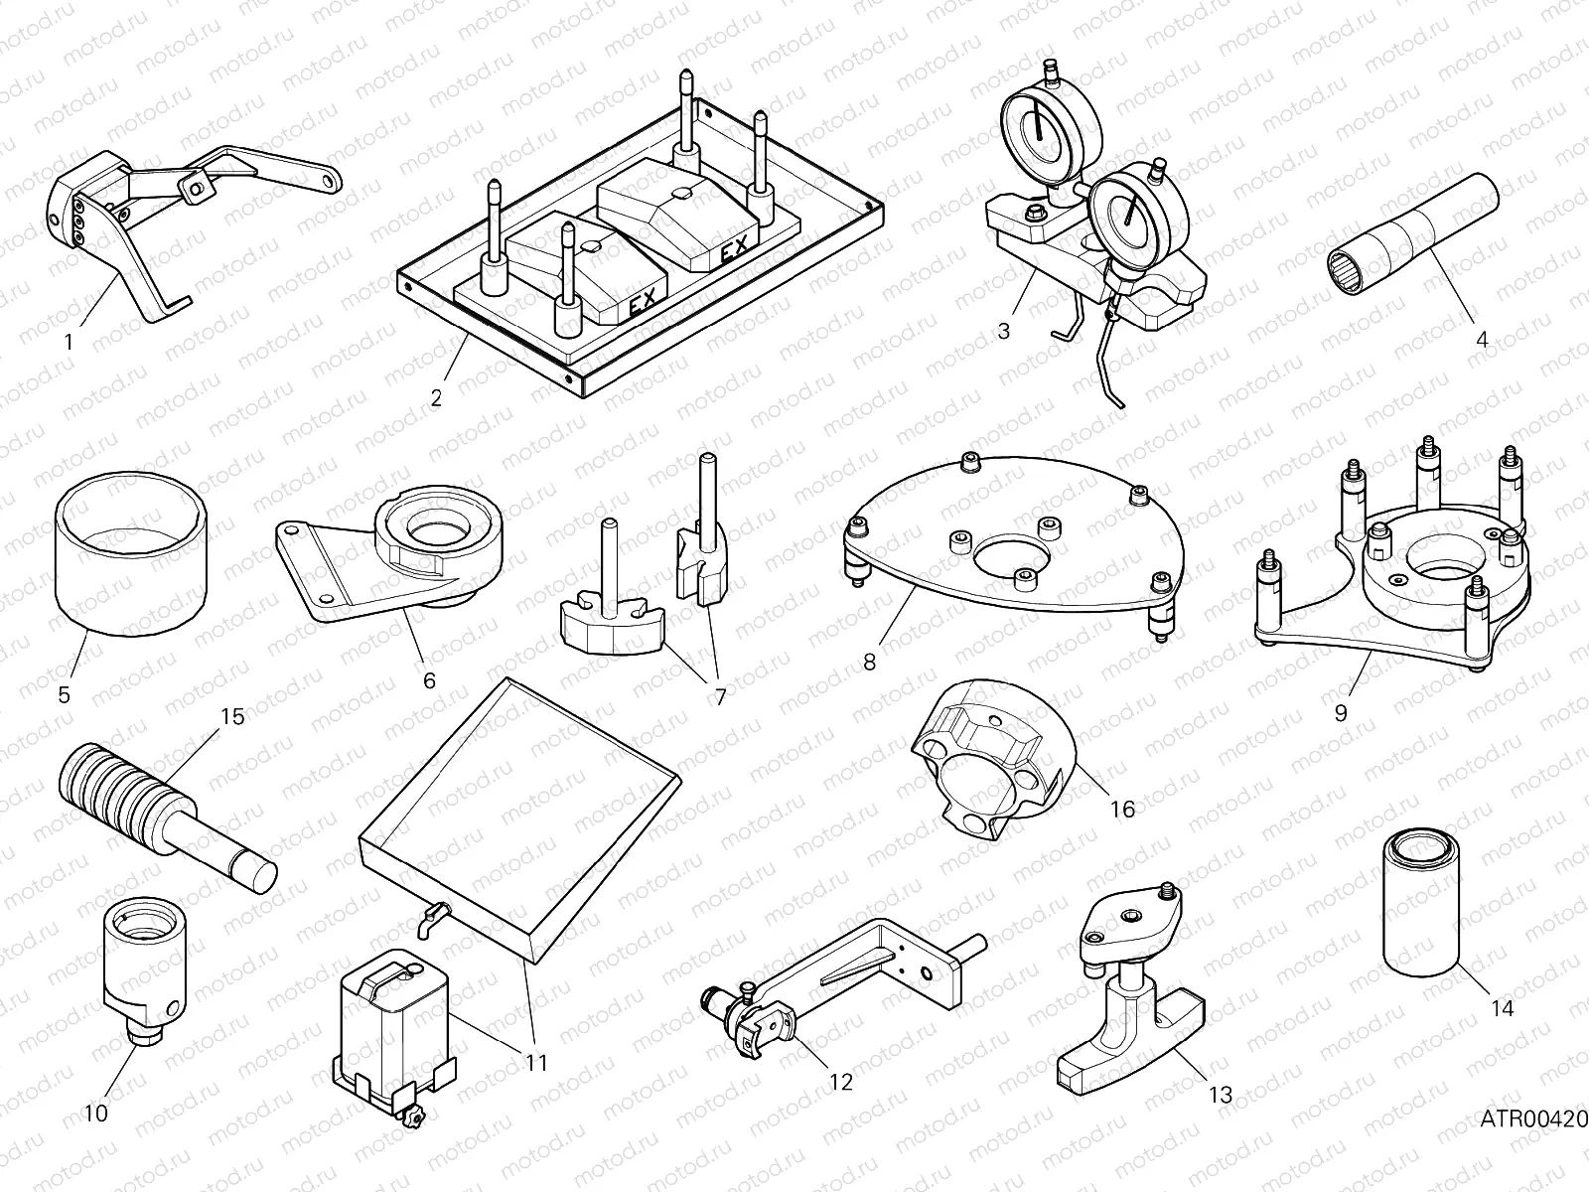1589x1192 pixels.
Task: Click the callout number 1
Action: [68, 343]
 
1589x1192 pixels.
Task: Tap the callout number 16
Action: [1122, 810]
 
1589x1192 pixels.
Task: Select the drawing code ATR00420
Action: [1533, 1120]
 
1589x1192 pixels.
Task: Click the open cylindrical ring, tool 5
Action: [131, 566]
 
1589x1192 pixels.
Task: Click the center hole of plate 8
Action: [1011, 554]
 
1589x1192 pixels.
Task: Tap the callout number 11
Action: [536, 1063]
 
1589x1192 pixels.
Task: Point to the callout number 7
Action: [719, 696]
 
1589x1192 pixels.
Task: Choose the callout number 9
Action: [1341, 712]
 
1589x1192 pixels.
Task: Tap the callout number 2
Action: [436, 398]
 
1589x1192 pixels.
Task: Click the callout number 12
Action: [840, 1082]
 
